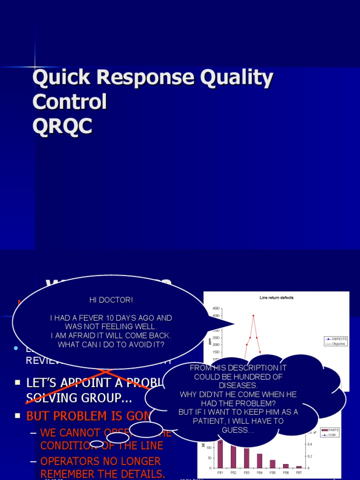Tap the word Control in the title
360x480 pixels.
pos(69,102)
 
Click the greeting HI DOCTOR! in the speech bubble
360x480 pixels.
pos(111,300)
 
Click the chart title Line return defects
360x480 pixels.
pos(277,298)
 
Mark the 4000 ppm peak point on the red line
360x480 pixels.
pos(253,315)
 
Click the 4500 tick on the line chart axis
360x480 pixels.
pos(215,308)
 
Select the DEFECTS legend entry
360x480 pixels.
pos(339,338)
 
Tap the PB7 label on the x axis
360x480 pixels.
pos(299,472)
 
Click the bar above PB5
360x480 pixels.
pos(273,464)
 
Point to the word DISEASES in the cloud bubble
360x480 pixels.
pos(238,385)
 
